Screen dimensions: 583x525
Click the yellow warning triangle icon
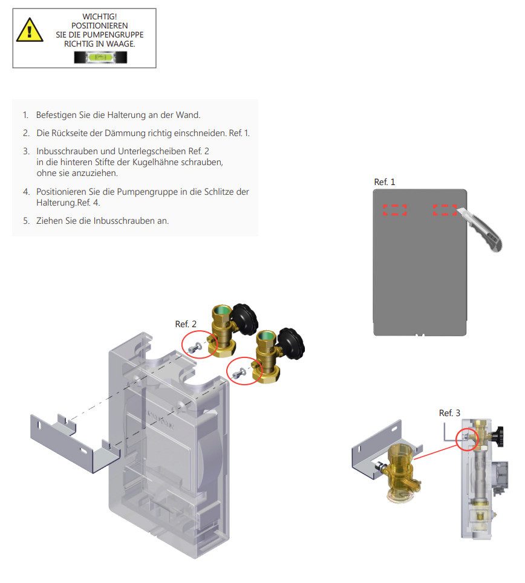30,30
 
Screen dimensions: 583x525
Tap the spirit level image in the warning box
100,57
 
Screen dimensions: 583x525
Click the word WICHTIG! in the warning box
100,16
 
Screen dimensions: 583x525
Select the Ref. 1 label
385,181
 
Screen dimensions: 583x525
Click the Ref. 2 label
186,324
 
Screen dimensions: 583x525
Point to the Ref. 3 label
449,412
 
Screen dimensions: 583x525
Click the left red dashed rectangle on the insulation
395,210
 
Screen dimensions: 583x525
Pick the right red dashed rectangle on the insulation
445,210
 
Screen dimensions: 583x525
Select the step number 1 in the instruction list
25,114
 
